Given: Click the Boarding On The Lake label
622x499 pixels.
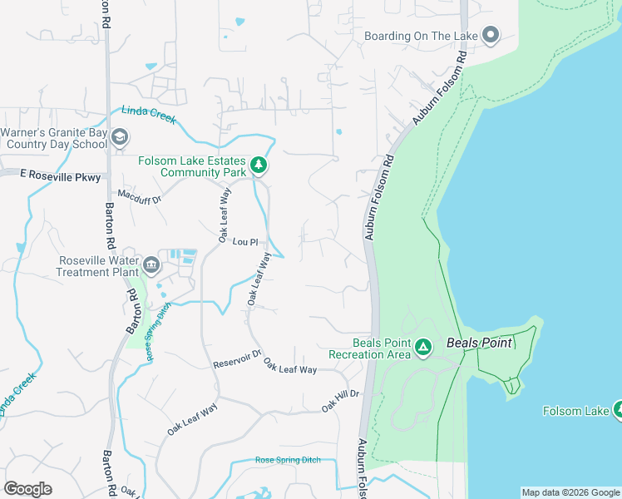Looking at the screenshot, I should point(422,36).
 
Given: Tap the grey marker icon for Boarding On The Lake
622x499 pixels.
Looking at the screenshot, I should point(491,35).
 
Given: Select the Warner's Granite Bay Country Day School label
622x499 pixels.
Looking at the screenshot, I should point(54,138).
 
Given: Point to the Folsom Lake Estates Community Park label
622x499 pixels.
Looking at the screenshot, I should point(192,166).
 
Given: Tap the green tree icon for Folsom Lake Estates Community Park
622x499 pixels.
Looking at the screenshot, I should point(259,165).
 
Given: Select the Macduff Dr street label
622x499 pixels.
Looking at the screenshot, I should point(138,196).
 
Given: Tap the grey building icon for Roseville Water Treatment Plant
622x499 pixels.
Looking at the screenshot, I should point(151,265).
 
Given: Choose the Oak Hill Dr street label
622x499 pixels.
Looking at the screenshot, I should point(340,400).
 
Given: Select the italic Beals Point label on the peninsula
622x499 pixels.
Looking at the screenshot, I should point(480,342).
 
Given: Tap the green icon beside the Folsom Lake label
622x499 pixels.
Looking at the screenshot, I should point(618,409).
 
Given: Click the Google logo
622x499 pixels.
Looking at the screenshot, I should point(28,489).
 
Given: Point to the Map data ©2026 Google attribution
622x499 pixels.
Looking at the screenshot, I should point(570,492).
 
